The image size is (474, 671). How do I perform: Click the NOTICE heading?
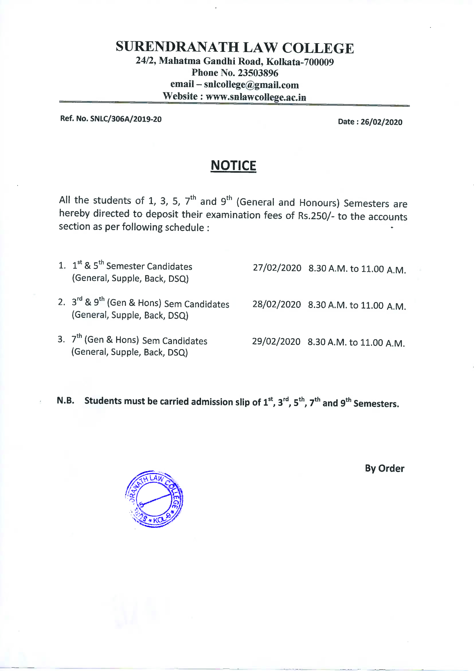click(x=233, y=165)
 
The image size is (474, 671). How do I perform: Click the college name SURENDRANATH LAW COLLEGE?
click(x=235, y=48)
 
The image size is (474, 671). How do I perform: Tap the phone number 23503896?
click(x=258, y=73)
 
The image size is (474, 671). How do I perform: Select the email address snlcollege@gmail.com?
click(x=251, y=85)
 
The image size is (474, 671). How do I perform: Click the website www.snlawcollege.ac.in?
click(x=256, y=97)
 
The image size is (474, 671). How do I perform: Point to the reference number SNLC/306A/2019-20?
click(x=126, y=119)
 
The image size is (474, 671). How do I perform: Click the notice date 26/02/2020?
click(x=381, y=122)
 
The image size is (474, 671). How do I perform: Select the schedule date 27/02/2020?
click(x=277, y=268)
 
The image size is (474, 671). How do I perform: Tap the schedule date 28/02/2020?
click(x=276, y=305)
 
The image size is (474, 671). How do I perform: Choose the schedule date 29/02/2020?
click(x=276, y=341)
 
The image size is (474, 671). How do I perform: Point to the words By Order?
click(x=384, y=468)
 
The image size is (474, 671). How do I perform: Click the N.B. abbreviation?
click(x=65, y=400)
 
